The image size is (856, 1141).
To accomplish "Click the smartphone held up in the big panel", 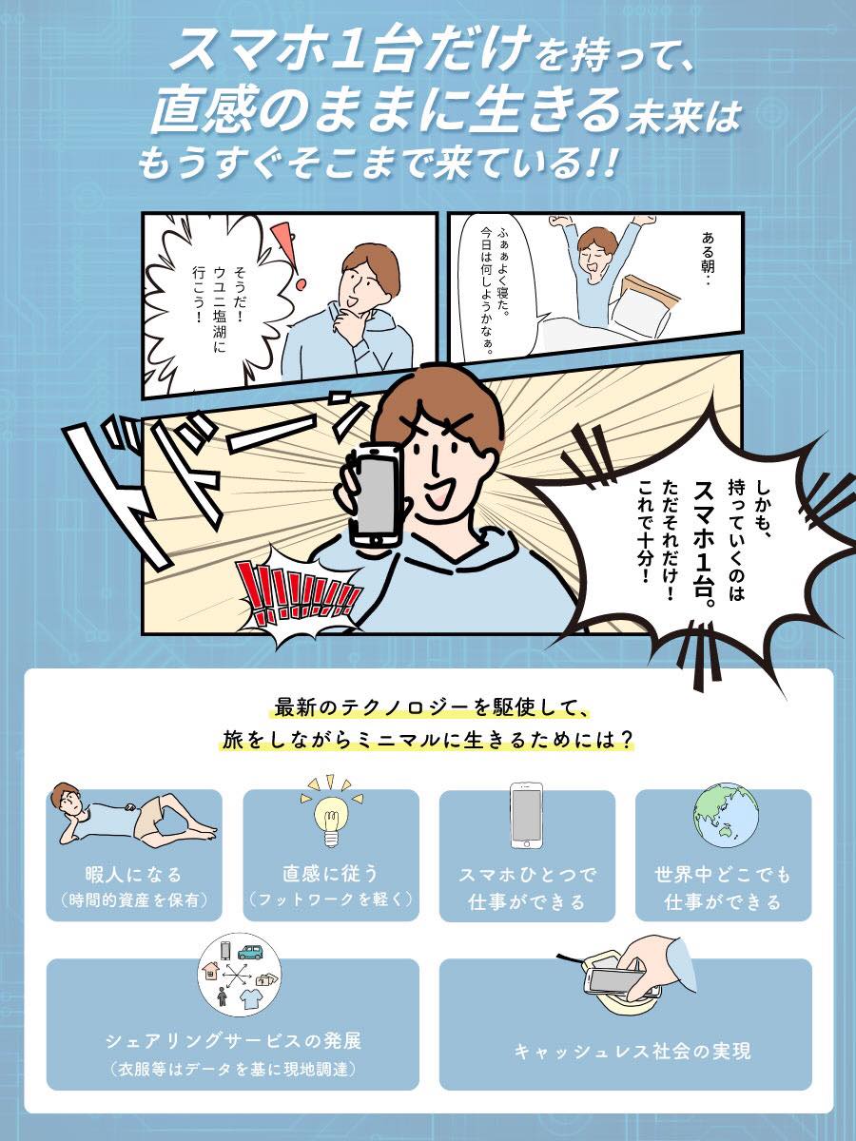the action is tap(377, 493).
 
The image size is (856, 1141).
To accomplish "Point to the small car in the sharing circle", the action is tap(251, 952).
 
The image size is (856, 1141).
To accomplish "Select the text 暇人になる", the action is tap(133, 875).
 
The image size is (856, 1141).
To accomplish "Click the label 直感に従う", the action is tap(330, 873).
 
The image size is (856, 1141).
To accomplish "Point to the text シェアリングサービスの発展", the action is tap(233, 1038).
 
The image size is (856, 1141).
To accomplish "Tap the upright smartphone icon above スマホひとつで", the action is tap(526, 815).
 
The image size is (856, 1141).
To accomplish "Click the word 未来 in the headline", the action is tap(654, 118).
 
